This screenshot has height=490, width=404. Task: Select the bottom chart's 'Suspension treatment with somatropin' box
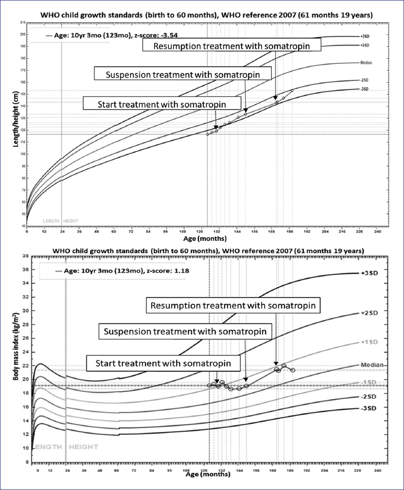pos(185,331)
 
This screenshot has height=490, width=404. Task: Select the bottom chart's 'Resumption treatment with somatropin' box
pos(233,306)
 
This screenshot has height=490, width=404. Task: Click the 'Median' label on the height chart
pos(366,63)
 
